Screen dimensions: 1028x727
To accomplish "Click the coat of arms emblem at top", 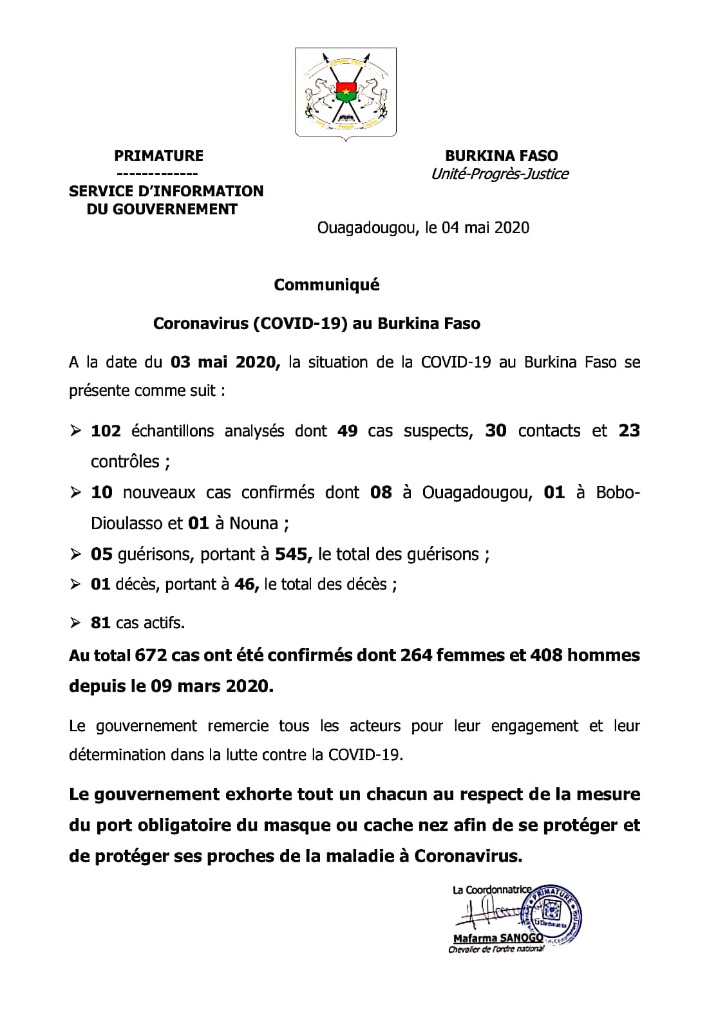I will click(x=346, y=92).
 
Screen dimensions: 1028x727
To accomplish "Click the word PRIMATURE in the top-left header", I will click(x=158, y=156).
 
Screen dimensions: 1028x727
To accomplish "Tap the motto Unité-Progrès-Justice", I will click(x=500, y=174).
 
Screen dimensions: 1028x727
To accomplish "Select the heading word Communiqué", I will click(x=326, y=285).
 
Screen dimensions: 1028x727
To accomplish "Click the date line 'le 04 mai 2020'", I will click(x=477, y=227).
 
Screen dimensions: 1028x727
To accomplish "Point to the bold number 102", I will click(x=106, y=431).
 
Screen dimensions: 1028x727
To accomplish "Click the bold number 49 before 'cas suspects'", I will click(x=347, y=431).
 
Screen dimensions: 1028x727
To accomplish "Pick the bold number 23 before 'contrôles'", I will click(x=628, y=431).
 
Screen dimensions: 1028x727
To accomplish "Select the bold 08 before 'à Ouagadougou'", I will click(x=381, y=492).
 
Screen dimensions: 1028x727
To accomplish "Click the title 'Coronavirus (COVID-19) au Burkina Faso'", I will click(x=317, y=323).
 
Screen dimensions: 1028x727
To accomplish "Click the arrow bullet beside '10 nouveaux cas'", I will click(x=76, y=493).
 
